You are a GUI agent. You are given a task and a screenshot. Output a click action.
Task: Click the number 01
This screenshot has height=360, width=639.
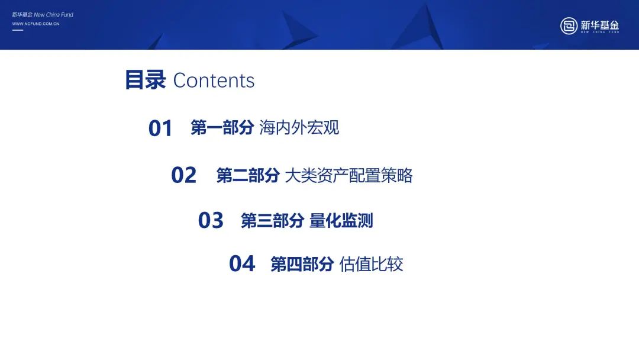point(160,128)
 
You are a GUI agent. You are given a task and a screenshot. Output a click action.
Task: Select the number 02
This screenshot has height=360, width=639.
point(184,175)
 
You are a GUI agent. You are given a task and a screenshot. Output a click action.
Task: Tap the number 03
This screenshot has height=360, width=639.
point(211,221)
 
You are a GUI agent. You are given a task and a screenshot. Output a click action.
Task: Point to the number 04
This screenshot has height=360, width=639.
point(242,263)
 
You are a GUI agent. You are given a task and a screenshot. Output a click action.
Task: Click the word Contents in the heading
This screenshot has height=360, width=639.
point(214,81)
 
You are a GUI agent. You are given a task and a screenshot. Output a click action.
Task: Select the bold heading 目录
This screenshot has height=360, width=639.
point(146,79)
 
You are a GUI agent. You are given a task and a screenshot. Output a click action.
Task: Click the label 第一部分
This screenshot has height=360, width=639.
point(222,128)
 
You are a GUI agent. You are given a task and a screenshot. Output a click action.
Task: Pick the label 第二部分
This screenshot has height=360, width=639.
point(248,176)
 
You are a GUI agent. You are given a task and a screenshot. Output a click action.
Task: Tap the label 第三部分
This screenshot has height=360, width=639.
point(272,221)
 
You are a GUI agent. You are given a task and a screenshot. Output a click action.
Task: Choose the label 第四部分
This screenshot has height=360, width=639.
point(302,264)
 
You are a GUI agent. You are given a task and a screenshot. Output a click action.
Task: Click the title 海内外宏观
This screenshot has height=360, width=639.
point(299,128)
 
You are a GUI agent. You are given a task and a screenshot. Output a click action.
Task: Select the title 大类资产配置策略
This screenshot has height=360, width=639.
point(349,176)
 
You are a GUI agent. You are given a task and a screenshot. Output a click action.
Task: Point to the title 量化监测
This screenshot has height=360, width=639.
point(341,221)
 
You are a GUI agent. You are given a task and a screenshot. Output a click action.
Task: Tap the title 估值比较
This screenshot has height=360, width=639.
point(371,264)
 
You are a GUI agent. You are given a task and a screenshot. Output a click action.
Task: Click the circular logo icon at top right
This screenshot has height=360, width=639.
point(569,25)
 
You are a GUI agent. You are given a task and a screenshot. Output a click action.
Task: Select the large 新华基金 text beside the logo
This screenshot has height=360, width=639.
point(599,25)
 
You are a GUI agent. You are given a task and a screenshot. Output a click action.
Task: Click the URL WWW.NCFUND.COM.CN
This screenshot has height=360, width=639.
point(36,24)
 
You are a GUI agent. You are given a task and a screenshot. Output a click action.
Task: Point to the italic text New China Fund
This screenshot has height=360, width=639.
point(53,15)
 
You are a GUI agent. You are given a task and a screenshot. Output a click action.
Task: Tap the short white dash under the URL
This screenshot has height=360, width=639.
point(18,30)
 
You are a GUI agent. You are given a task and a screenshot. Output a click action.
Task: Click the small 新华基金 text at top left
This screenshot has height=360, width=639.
point(22,15)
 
